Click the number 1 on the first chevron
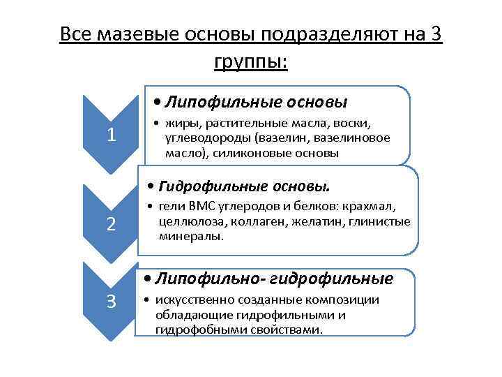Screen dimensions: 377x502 [x=112, y=135]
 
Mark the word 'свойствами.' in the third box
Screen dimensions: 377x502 [x=287, y=328]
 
